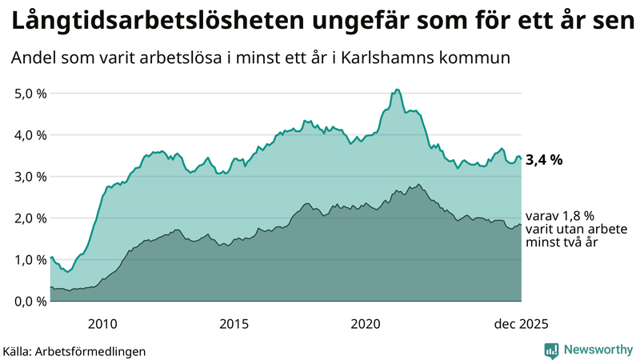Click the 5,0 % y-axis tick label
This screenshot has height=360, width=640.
coord(30,93)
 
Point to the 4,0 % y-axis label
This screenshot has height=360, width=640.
coord(30,134)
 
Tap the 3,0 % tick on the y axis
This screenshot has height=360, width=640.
coord(30,176)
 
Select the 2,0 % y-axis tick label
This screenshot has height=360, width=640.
coord(30,218)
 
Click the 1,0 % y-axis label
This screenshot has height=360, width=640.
coord(30,259)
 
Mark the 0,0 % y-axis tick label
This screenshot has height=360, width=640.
coord(30,301)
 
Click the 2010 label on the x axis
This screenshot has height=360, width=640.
coord(102,324)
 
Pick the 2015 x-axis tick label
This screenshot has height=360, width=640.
coord(234,324)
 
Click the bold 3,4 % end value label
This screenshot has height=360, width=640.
coord(545,160)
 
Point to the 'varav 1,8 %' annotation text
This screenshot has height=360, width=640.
coord(560,215)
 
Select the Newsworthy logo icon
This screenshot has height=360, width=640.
coord(551,350)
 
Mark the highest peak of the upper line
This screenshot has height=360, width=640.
coord(398,90)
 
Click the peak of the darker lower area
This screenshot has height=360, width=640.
coord(418,185)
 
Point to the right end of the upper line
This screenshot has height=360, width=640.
coord(522,159)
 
